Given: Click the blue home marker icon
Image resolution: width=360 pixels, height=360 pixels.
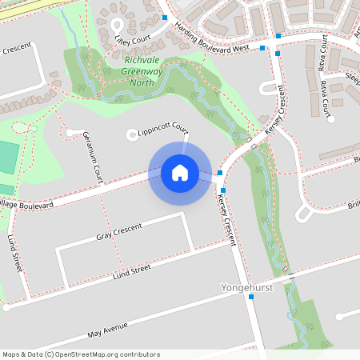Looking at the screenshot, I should click(179, 173).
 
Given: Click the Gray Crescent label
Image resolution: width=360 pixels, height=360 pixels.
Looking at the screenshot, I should click(118, 232).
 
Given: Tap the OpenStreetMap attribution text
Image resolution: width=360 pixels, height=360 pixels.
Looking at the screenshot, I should click(81, 354).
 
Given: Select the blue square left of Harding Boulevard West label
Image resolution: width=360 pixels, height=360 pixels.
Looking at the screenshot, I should click(164, 17).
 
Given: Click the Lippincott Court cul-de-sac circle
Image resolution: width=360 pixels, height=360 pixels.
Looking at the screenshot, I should click(132, 135).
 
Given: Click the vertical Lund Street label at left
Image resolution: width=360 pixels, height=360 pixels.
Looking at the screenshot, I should click(13, 251).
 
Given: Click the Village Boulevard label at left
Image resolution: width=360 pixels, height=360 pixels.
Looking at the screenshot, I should click(24, 206).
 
